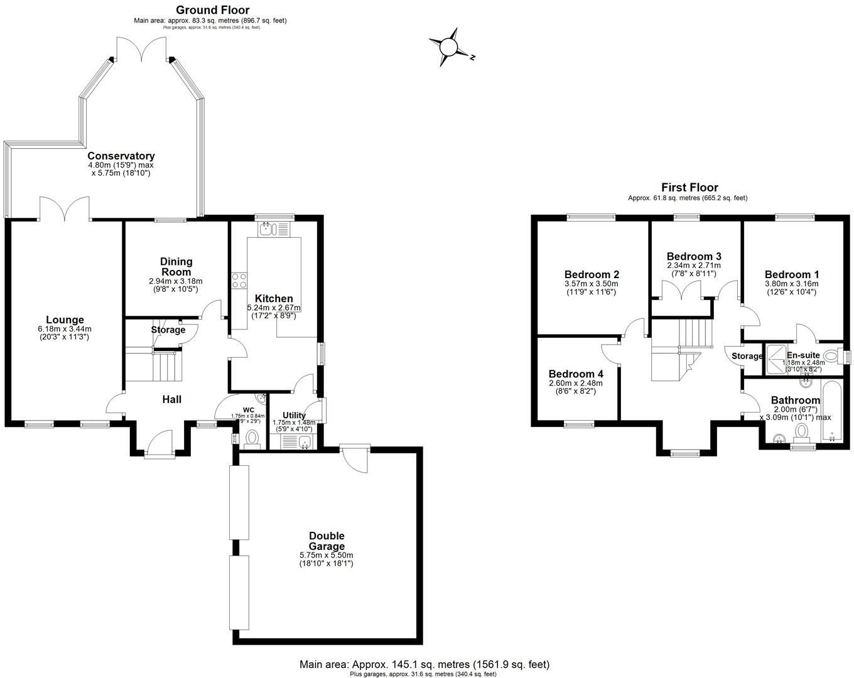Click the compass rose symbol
point(449,48)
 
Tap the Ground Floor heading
point(212,10)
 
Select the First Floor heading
point(689,187)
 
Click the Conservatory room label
point(121,156)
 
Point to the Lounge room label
point(64,320)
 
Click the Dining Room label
point(176,267)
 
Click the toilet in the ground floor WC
point(252,438)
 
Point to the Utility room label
point(294,416)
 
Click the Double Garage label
point(326,541)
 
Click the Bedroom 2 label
point(592,274)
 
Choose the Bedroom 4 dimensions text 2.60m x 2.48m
point(575,383)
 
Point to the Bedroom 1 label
point(791,274)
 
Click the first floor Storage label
point(747,356)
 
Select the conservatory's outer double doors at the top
point(141,50)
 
